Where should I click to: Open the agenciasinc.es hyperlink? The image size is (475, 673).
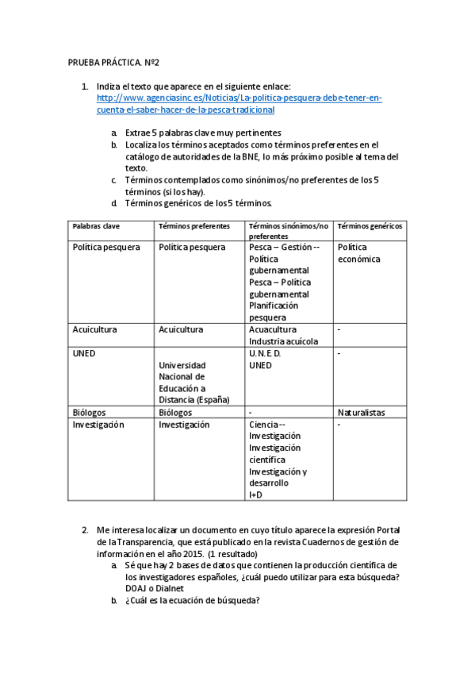[239, 104]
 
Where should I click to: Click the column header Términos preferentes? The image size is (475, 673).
[194, 226]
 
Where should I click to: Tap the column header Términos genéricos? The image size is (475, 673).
[370, 226]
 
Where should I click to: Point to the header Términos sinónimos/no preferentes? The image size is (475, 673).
[288, 231]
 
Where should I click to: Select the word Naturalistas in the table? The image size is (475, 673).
[362, 413]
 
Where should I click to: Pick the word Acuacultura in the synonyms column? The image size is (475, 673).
[273, 329]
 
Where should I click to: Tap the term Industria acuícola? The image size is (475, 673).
[283, 341]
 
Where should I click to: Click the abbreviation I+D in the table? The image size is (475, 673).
[256, 494]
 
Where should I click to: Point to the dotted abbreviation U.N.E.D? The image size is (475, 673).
[265, 353]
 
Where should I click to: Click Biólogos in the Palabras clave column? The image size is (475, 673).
[90, 413]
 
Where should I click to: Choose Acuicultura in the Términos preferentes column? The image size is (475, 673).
[181, 329]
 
